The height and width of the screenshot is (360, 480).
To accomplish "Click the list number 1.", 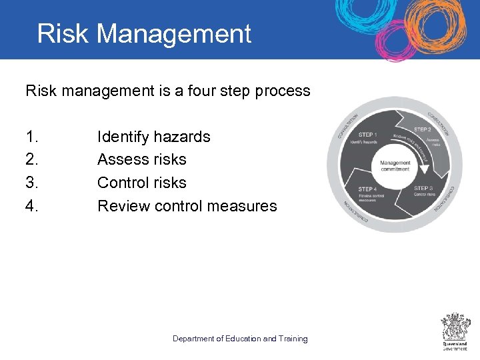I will [32, 137].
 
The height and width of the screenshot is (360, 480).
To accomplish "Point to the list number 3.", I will [32, 183].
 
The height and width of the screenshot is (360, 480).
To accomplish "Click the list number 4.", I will [32, 206].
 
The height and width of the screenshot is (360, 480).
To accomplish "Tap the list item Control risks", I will [141, 183].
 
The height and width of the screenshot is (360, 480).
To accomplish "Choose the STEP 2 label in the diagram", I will [423, 129].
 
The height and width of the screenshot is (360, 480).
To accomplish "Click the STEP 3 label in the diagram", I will [424, 188].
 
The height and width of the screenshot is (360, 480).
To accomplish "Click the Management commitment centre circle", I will [395, 165].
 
